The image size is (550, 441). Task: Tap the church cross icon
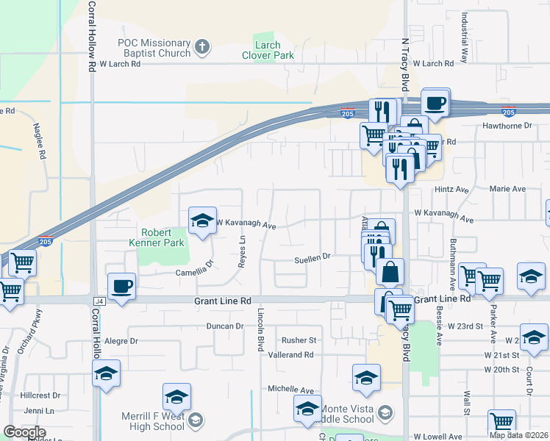203,49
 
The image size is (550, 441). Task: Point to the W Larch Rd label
120,64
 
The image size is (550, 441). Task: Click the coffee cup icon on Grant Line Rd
121,285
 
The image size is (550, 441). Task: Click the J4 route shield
99,301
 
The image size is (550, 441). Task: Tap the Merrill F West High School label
152,421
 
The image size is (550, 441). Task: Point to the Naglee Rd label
39,143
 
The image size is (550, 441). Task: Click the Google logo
24,432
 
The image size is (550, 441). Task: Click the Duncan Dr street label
224,326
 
